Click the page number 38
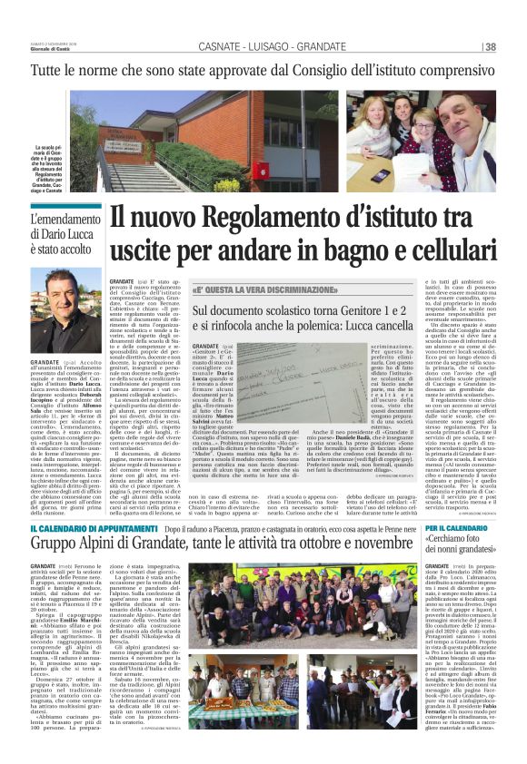pyautogui.click(x=490, y=47)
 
